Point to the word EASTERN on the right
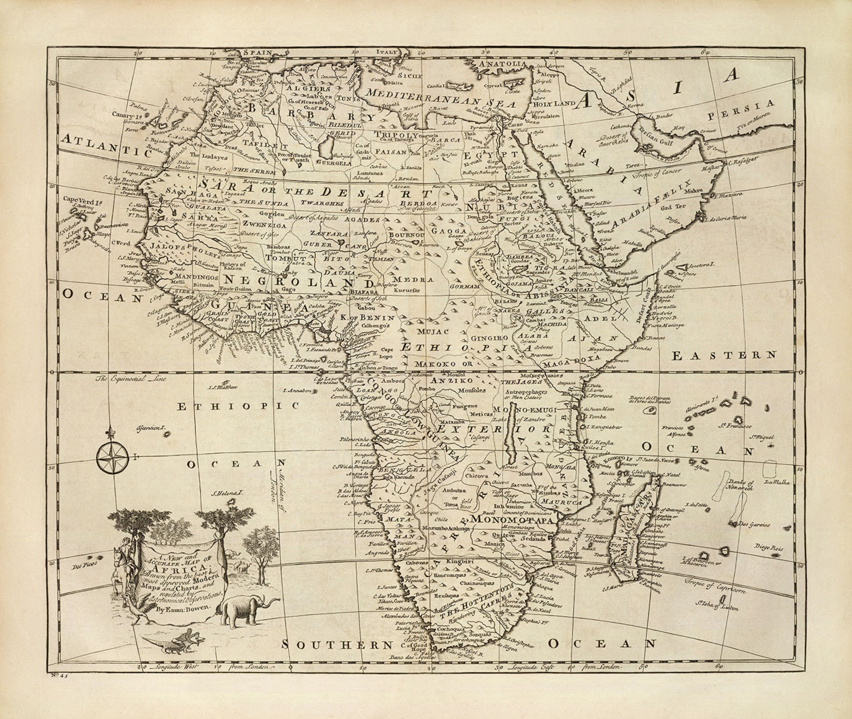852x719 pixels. tap(724, 355)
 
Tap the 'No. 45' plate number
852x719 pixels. tap(55, 676)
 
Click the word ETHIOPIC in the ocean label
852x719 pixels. tap(238, 406)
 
